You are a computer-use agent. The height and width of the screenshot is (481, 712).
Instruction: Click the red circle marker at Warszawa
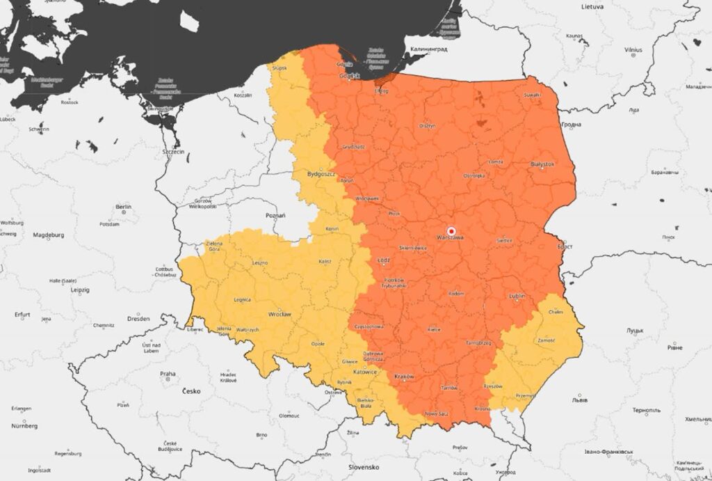(451, 230)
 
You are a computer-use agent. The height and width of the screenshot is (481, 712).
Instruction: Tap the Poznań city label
(276, 216)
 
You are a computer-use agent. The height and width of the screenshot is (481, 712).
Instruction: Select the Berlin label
(124, 207)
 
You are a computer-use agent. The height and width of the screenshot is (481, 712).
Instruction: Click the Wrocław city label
(280, 315)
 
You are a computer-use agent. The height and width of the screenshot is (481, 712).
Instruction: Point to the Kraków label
(404, 377)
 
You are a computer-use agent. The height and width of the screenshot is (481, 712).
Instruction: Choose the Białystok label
(542, 164)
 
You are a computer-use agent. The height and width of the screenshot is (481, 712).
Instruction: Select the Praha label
(168, 374)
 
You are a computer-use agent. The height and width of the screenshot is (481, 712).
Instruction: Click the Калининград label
(429, 50)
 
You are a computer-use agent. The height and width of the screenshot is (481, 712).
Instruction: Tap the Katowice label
(364, 372)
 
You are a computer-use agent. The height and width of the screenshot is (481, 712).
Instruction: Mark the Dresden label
(138, 318)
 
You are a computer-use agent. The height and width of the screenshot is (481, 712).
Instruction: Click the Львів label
(578, 400)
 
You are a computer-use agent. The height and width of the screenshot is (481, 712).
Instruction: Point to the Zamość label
(546, 340)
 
